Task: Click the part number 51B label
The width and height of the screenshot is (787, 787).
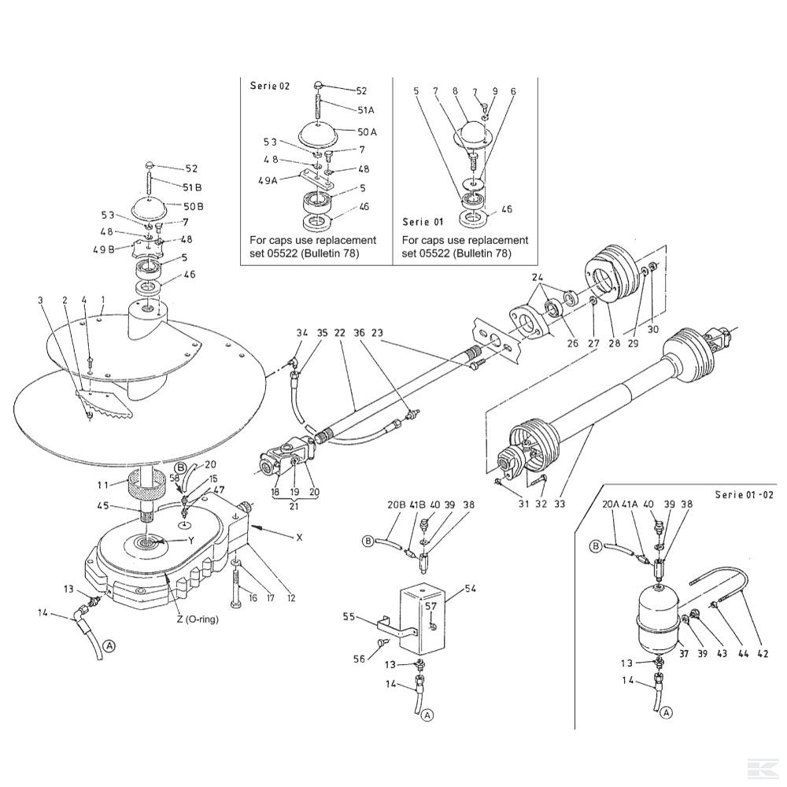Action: [x=192, y=187]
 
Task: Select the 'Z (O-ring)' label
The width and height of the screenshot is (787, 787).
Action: [x=198, y=619]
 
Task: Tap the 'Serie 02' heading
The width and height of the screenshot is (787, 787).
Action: [x=270, y=86]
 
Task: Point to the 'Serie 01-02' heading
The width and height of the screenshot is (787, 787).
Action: [x=745, y=495]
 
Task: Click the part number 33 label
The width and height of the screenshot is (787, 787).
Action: [x=560, y=504]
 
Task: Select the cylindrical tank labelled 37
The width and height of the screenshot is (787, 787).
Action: [x=657, y=616]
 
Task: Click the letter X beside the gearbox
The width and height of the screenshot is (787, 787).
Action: [x=299, y=538]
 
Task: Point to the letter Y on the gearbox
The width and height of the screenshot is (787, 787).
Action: [x=191, y=541]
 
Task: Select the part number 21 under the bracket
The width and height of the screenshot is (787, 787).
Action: [x=294, y=506]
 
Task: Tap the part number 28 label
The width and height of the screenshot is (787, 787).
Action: [x=615, y=343]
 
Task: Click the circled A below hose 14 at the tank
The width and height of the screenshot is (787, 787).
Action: [x=667, y=713]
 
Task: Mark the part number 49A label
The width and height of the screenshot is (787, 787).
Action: [x=268, y=180]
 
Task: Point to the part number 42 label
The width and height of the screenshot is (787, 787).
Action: [x=763, y=653]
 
